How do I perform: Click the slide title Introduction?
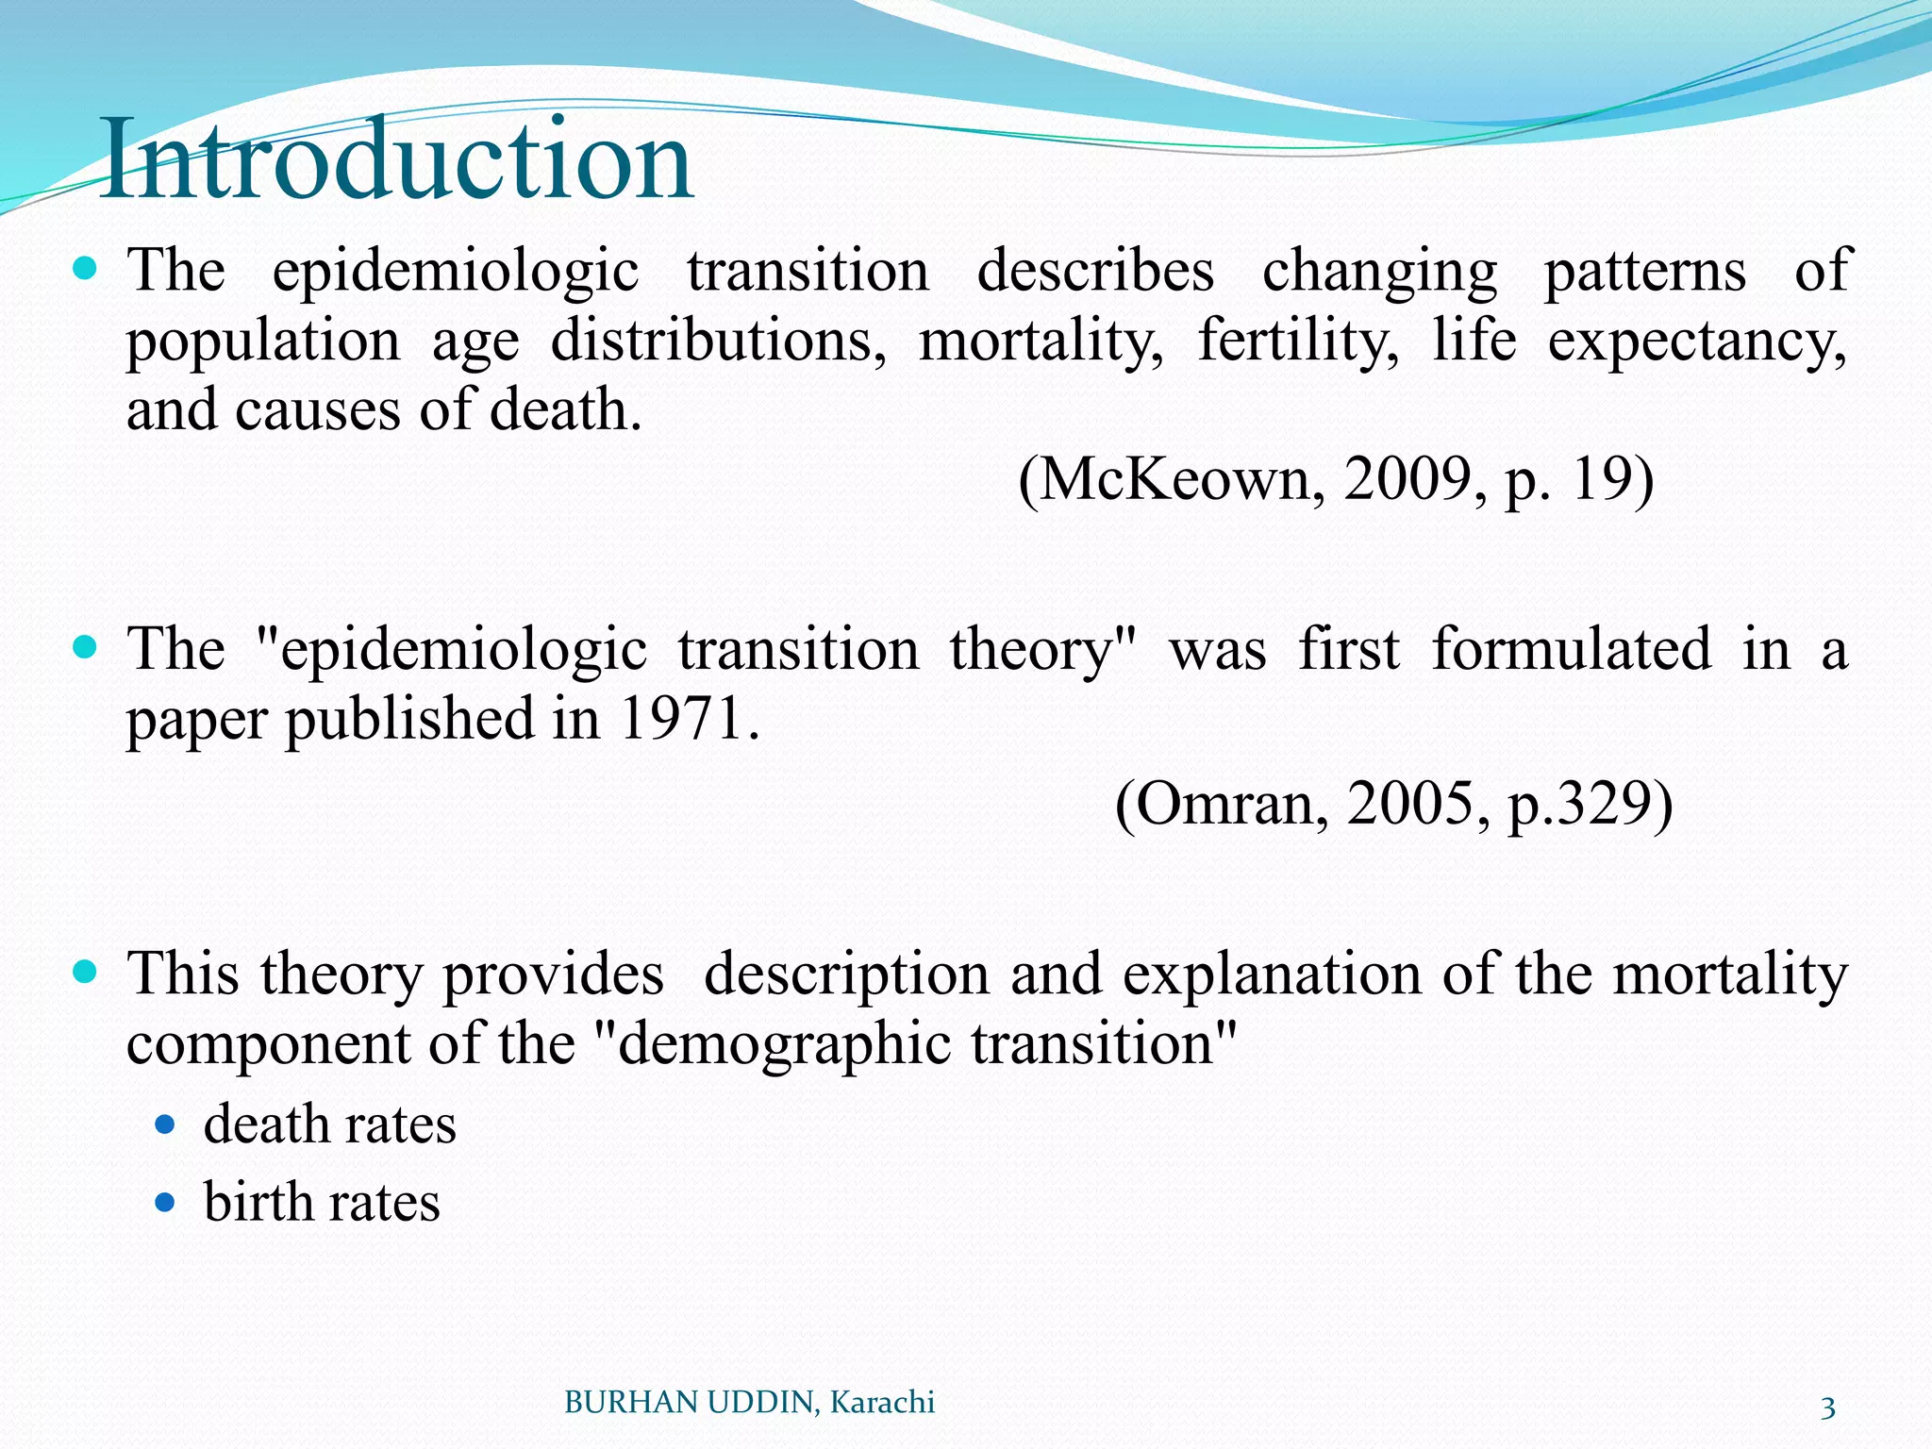pos(396,158)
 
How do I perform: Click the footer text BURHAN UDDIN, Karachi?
pos(749,1403)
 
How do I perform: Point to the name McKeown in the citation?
pos(1174,479)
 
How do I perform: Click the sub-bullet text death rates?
pos(329,1124)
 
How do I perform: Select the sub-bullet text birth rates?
pos(322,1202)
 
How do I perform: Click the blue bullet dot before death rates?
pos(165,1124)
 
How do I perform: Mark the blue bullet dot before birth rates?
pos(165,1203)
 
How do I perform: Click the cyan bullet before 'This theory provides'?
pos(85,973)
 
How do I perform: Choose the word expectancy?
pos(1695,341)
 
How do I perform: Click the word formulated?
pos(1571,649)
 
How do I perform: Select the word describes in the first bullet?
pos(1095,271)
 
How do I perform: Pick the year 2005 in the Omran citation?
pos(1411,804)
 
